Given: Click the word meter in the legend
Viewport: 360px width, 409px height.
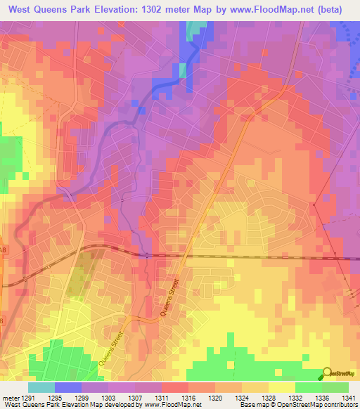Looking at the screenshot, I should click(x=10, y=397).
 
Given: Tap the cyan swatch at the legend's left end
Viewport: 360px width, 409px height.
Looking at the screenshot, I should click(x=41, y=387).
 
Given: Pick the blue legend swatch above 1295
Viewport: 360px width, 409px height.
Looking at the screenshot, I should click(x=68, y=387).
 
